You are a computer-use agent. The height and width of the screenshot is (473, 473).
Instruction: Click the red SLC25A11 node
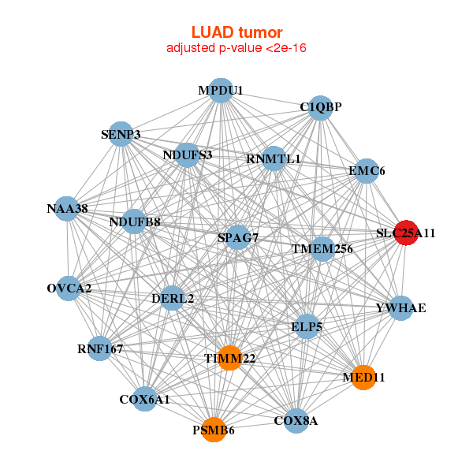point(406,233)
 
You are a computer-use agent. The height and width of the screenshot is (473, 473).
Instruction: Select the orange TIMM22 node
point(229,358)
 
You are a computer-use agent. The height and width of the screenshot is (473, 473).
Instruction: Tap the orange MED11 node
point(363,378)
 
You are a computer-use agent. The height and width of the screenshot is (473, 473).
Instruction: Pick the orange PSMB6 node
point(214,430)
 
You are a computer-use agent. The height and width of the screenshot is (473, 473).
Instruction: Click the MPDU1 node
point(221,91)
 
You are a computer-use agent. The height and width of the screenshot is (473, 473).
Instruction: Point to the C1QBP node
point(320,106)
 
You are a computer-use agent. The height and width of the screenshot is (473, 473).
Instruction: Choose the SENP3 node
point(121,134)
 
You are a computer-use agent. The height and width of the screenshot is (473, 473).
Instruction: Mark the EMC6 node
point(366,170)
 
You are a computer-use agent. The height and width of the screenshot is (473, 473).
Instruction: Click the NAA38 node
point(67,209)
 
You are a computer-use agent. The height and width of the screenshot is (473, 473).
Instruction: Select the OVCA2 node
point(69,288)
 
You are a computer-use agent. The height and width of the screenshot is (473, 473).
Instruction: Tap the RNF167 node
point(99,348)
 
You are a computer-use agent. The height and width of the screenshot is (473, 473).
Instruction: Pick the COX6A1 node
point(144,400)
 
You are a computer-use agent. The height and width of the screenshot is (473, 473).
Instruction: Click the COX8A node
point(296,420)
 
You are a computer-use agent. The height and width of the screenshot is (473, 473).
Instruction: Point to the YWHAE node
point(400,307)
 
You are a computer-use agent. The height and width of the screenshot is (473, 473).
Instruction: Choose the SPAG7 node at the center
point(238,236)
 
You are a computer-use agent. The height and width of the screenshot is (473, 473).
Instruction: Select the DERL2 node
point(173,298)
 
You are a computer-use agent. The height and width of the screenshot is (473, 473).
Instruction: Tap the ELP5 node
point(307,326)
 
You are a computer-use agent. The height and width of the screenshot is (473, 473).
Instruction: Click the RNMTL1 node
point(274,158)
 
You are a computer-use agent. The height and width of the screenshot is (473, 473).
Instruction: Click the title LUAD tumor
point(236,32)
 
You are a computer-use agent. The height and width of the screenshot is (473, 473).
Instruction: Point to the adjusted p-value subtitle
point(236,48)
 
